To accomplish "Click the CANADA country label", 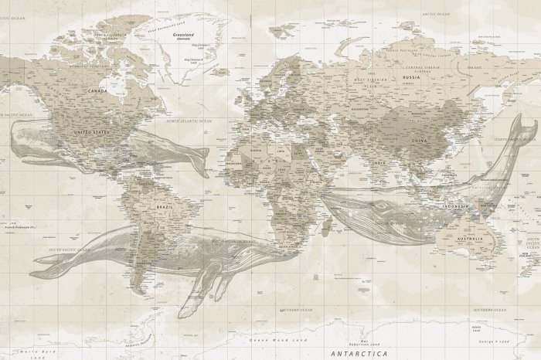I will tap(98, 90).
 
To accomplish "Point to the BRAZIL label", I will tap(164, 208).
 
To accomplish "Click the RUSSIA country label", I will tap(411, 77).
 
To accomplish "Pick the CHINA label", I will tap(419, 141).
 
